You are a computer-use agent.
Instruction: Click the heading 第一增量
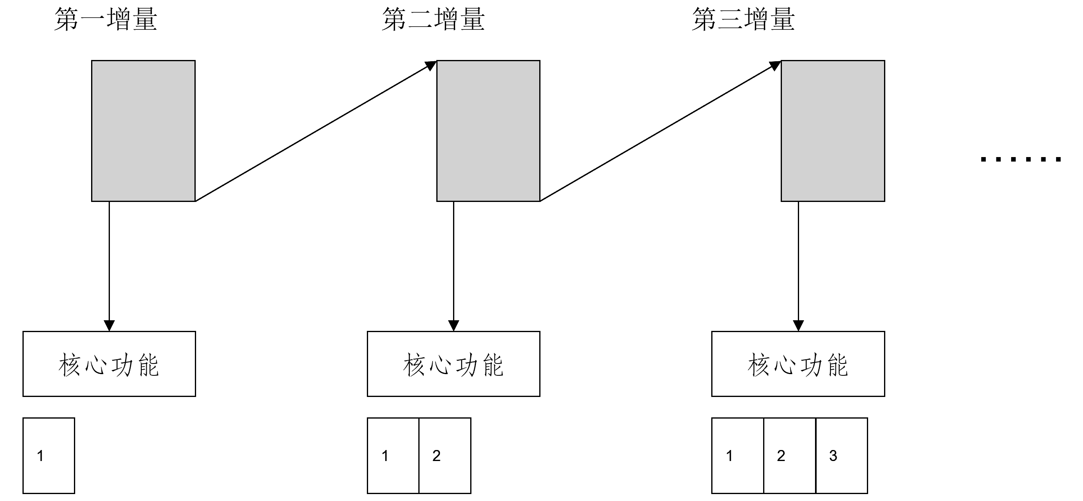(x=105, y=20)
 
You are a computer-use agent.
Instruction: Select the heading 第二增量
(x=433, y=20)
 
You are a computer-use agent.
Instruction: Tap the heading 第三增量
(x=743, y=20)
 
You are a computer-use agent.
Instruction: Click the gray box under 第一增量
(x=143, y=131)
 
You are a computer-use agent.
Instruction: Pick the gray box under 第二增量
(x=488, y=131)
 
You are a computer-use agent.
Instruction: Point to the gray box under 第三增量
(x=833, y=131)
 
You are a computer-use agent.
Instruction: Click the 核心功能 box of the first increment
(x=109, y=364)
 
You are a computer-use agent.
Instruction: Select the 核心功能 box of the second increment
(x=453, y=364)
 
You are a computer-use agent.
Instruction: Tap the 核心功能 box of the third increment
(x=798, y=364)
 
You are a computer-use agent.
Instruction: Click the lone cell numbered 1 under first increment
(x=49, y=455)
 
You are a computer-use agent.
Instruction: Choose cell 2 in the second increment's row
(x=445, y=455)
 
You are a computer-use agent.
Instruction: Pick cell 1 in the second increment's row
(x=393, y=455)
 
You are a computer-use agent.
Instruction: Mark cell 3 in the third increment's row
(x=842, y=455)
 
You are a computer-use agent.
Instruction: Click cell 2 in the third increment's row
(x=790, y=455)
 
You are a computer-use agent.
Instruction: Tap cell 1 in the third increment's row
(x=737, y=455)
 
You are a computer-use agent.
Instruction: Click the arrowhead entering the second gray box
(x=431, y=66)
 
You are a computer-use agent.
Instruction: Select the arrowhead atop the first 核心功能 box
(x=109, y=326)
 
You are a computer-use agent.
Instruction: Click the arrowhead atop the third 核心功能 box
(x=798, y=326)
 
